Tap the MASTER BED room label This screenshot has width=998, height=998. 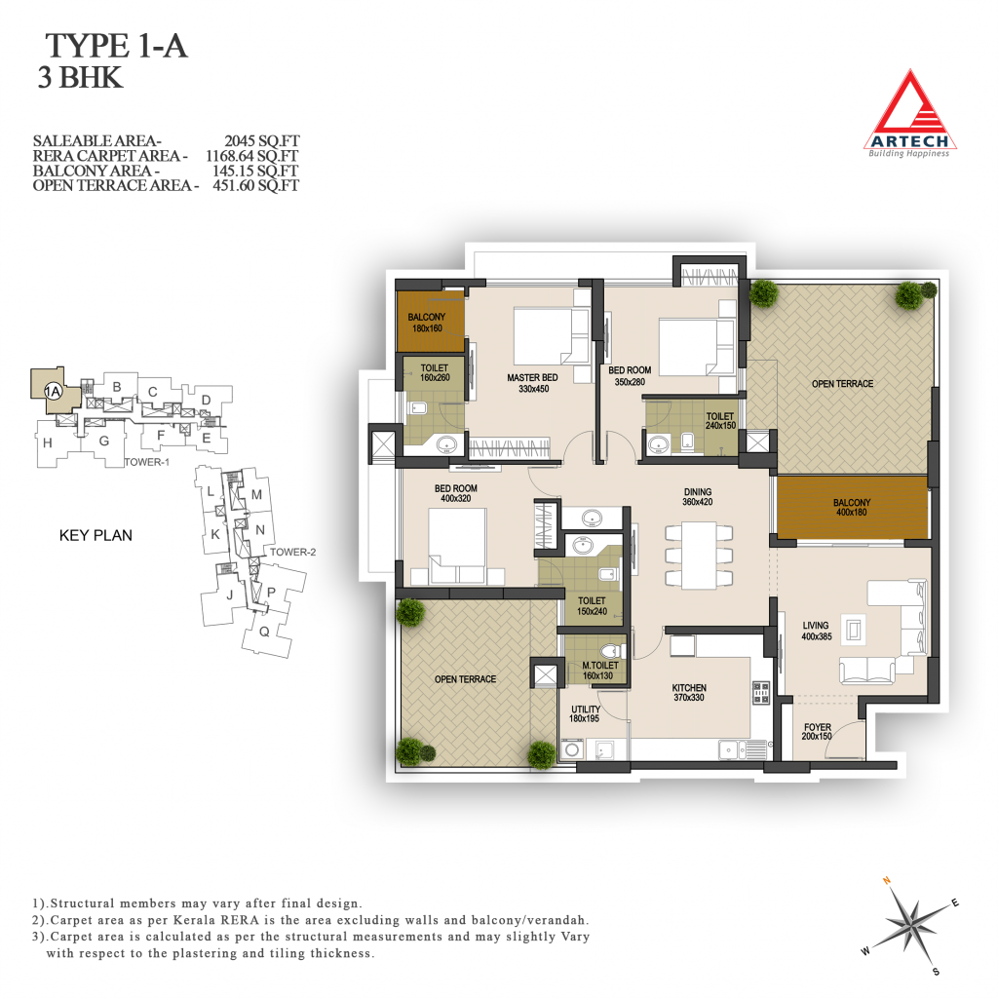(x=533, y=383)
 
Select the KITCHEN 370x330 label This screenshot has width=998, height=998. (x=689, y=693)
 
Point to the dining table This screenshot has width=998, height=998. (x=698, y=555)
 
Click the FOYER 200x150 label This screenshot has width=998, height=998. (x=817, y=731)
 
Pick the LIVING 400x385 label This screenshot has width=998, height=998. (x=816, y=631)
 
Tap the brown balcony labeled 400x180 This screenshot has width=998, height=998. (x=852, y=507)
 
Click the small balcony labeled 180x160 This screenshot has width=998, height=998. (x=430, y=322)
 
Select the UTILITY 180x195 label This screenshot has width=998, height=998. (x=585, y=713)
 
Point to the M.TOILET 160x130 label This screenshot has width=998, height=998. (x=599, y=671)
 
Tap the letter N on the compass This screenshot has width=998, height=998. (x=886, y=881)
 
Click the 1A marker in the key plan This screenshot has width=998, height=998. (x=53, y=392)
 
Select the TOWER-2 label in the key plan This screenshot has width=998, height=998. (x=292, y=552)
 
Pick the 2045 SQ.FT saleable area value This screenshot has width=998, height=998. (x=261, y=140)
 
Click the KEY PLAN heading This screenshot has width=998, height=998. (x=96, y=535)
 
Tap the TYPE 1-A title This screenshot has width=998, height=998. (x=116, y=47)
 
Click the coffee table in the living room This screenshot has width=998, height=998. (x=853, y=631)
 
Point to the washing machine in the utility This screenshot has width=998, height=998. (x=571, y=749)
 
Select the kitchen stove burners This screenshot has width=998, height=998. (x=761, y=693)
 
